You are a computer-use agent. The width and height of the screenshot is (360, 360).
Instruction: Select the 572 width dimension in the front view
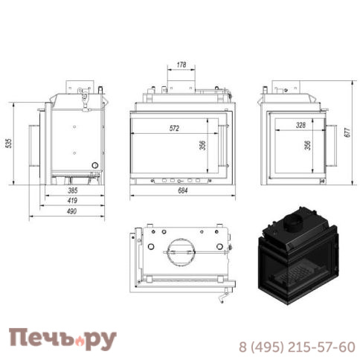click(174, 128)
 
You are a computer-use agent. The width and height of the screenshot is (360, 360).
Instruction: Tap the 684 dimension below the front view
click(181, 190)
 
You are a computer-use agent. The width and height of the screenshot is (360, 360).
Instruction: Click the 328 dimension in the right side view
click(300, 125)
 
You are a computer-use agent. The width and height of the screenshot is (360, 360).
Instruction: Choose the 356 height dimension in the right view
click(308, 146)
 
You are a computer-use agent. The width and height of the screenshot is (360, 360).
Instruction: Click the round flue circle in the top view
click(180, 251)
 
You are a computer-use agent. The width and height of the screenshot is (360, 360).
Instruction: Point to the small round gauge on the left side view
click(94, 165)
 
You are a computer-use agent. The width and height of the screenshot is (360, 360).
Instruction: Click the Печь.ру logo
click(62, 339)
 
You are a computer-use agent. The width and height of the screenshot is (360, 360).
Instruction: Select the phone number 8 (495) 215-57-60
click(296, 347)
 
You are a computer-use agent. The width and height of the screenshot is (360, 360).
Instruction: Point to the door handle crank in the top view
click(222, 298)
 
